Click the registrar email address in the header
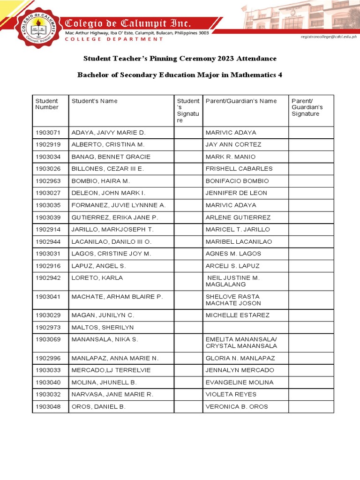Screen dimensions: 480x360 [328, 36]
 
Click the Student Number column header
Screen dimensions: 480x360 [47, 104]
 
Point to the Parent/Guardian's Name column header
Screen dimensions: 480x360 [241, 101]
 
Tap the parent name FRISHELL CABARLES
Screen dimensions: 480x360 [239, 169]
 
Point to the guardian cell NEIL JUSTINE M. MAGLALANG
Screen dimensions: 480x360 [233, 281]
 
